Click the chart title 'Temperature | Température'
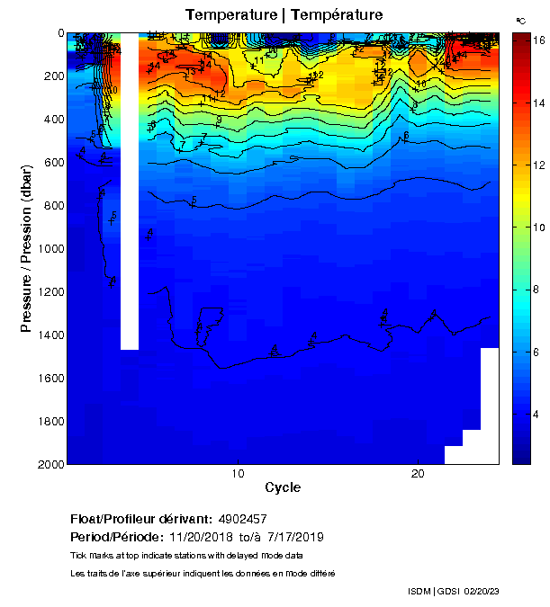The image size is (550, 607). (x=284, y=15)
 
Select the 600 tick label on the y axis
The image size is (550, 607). (x=52, y=162)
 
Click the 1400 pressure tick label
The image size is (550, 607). (x=50, y=335)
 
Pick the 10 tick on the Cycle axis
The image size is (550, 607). (x=238, y=473)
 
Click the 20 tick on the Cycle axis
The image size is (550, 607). (x=418, y=473)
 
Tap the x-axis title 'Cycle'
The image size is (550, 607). (x=283, y=488)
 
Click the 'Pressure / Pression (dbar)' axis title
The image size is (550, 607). (x=26, y=248)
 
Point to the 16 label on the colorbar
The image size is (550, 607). (x=531, y=41)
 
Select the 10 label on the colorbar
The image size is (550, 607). (x=531, y=227)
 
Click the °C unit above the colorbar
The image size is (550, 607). (x=520, y=20)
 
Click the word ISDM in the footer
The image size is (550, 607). (x=419, y=591)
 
